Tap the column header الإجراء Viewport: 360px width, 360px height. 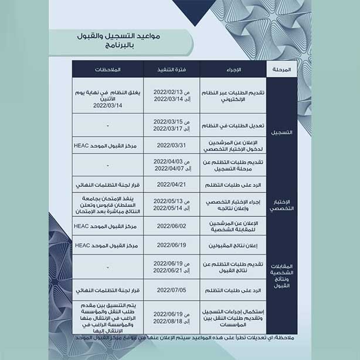click(x=233, y=69)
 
